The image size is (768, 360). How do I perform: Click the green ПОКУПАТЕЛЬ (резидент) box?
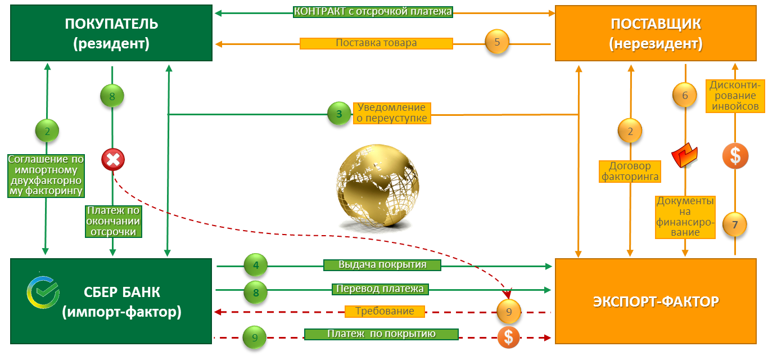click(x=111, y=33)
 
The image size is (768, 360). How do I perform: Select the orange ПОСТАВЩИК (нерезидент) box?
click(x=656, y=33)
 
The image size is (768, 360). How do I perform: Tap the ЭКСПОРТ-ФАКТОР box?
click(x=656, y=301)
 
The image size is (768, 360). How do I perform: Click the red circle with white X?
click(x=113, y=160)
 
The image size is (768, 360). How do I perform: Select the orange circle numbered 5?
click(x=497, y=42)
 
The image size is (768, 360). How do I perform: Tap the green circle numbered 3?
click(x=339, y=114)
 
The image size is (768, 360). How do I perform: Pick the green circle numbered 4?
click(x=256, y=265)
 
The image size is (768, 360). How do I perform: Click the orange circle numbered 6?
click(x=685, y=95)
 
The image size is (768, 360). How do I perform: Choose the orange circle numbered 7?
click(x=734, y=224)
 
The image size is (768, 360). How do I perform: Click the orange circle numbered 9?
click(x=509, y=311)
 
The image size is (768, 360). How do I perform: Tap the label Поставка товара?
click(x=376, y=43)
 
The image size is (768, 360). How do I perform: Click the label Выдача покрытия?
click(x=382, y=265)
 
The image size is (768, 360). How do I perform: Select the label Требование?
click(x=385, y=311)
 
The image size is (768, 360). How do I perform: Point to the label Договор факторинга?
click(x=630, y=172)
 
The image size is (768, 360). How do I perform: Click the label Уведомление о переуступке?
click(x=391, y=113)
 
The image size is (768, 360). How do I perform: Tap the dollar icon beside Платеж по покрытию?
click(x=508, y=337)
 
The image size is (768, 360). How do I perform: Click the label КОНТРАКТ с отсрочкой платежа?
click(x=373, y=12)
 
